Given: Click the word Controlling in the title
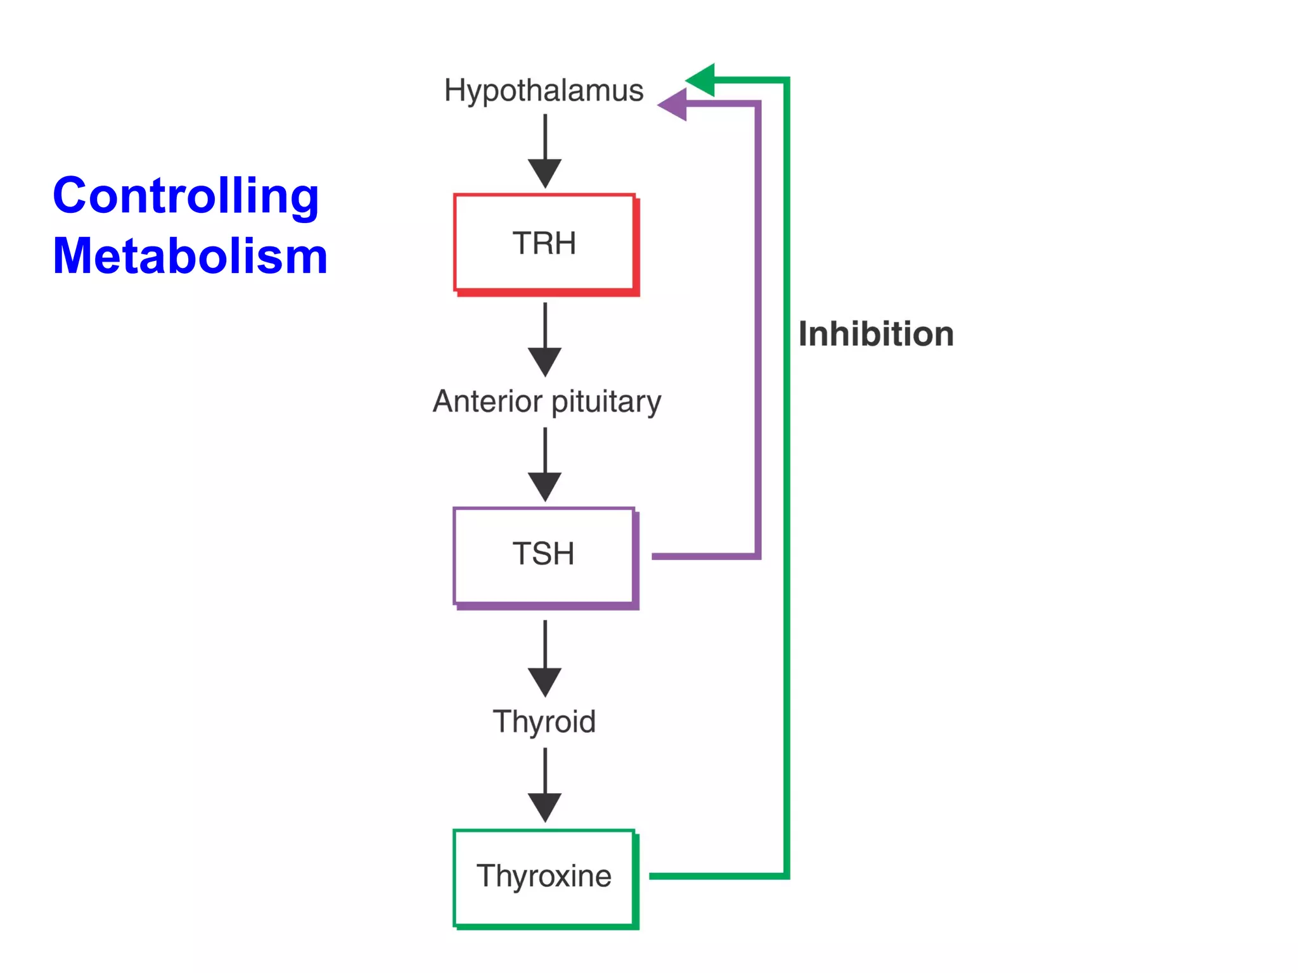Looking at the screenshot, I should tap(186, 196).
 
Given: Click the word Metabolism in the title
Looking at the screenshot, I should tap(190, 256).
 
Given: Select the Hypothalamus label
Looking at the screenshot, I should tap(544, 91).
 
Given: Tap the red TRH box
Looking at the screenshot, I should tap(544, 243).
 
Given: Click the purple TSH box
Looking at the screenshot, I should tap(544, 555).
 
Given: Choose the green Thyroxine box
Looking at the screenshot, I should tap(544, 877).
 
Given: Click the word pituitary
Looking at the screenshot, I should tap(606, 402).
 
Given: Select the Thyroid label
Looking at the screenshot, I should tap(544, 722).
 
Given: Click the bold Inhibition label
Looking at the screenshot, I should tap(876, 334).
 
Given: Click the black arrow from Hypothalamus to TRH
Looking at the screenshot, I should tap(545, 152).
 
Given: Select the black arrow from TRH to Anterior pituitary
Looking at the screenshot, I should tap(545, 340).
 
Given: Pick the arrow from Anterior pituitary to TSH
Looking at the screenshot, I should tap(545, 466).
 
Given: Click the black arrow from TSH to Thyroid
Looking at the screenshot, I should tap(545, 659).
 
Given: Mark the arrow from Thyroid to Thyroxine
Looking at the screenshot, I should tap(545, 786).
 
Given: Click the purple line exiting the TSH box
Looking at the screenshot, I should tap(704, 556).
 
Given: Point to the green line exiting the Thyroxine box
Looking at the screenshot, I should tap(716, 876).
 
